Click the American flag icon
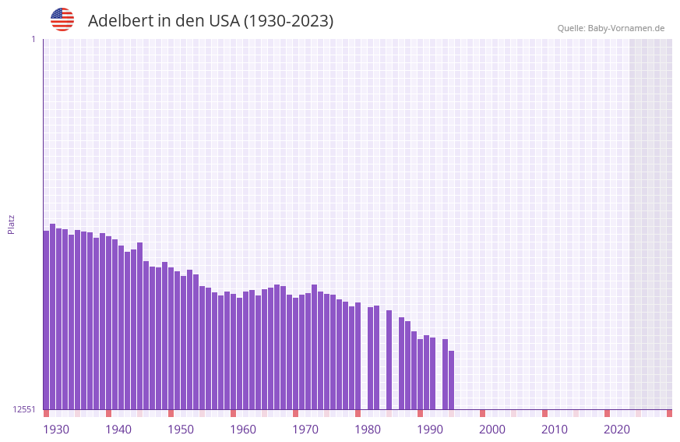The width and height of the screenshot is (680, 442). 62,19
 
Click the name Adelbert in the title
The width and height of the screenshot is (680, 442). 120,21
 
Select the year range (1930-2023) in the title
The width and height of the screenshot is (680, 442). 289,21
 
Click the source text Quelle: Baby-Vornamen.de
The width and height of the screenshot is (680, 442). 611,28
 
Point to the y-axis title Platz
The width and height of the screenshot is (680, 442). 11,224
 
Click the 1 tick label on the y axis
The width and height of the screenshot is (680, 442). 33,39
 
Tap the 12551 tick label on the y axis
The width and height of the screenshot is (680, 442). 24,409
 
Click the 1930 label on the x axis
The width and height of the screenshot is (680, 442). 56,430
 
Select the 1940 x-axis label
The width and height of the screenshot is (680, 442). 118,430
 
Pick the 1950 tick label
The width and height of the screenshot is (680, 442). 181,430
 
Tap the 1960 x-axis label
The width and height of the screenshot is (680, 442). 243,430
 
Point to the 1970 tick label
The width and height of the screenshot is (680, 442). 305,430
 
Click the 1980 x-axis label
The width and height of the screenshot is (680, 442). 368,430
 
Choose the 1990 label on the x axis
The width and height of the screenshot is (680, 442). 430,430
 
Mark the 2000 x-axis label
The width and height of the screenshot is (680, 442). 492,430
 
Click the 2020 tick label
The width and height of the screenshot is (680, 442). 617,430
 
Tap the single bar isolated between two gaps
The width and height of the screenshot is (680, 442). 389,359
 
